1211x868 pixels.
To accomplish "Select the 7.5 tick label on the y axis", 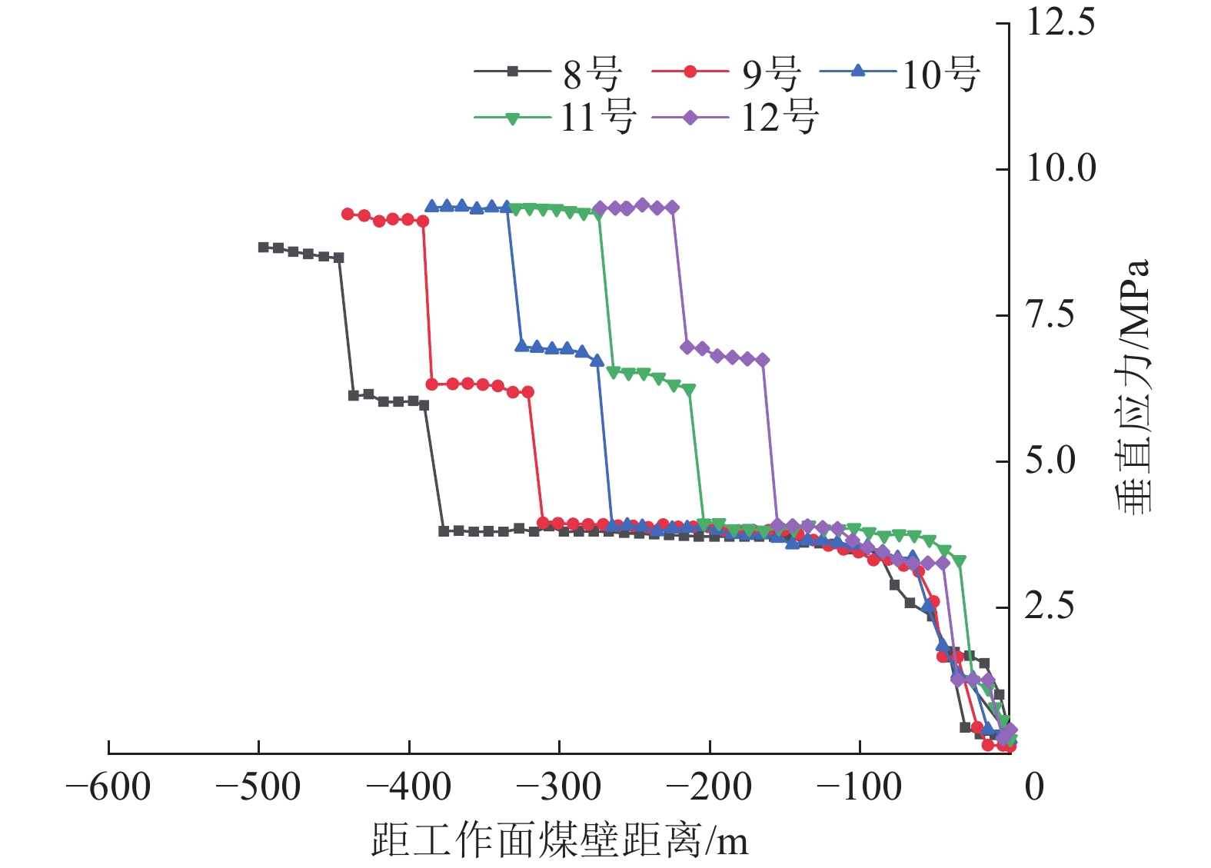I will click(1051, 314).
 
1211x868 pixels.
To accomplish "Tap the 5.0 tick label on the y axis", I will click(1051, 461).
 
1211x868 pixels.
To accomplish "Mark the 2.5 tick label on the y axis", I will click(1051, 607).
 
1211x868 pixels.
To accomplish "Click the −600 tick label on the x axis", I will click(108, 787).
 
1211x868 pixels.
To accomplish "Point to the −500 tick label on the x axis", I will click(258, 787).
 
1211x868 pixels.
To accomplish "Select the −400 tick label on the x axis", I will click(408, 787).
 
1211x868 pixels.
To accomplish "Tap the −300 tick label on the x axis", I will click(558, 787).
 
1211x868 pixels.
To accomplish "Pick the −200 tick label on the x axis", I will click(709, 787).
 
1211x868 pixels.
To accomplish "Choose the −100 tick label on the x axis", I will click(859, 787).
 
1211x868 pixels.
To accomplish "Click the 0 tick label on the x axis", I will click(1034, 787).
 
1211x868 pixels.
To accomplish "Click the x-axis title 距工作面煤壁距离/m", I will click(559, 840).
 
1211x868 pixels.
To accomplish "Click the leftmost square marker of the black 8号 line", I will click(263, 248).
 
